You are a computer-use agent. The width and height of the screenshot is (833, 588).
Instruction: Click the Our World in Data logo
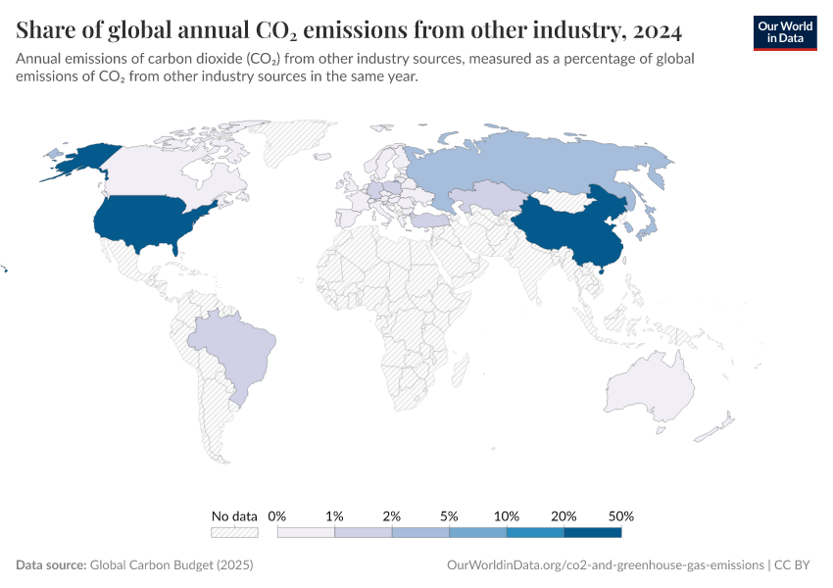(x=784, y=32)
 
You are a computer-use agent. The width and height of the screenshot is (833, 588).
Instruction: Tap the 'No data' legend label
(x=234, y=515)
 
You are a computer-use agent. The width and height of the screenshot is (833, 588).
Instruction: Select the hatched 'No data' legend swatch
(x=234, y=533)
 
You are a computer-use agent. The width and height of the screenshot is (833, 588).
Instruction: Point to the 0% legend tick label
(x=277, y=515)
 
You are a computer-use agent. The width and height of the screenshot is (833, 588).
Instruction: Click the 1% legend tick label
(x=334, y=515)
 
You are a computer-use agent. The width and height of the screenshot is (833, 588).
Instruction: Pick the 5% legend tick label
(x=449, y=515)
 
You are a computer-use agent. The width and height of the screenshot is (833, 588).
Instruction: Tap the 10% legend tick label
(x=507, y=515)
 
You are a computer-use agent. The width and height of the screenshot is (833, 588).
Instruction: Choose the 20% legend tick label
(x=564, y=515)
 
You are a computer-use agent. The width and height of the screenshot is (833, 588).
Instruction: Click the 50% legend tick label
(x=621, y=515)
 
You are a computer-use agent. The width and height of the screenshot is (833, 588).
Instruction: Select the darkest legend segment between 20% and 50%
(x=593, y=533)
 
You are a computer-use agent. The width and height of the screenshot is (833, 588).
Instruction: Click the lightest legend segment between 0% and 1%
(x=306, y=533)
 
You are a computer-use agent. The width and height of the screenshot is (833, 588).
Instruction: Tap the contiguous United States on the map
(x=147, y=220)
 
